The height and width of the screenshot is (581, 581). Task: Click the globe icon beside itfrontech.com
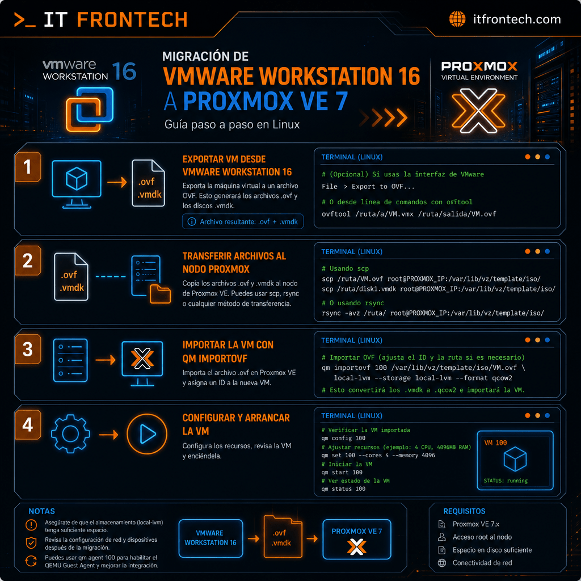pyautogui.click(x=457, y=19)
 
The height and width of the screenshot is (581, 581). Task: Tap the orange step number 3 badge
pyautogui.click(x=28, y=349)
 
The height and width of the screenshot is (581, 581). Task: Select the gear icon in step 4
pyautogui.click(x=70, y=434)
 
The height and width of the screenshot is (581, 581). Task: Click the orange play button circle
pyautogui.click(x=147, y=434)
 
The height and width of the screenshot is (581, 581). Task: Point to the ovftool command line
pyautogui.click(x=409, y=214)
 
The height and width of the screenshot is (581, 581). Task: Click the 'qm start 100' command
pyautogui.click(x=342, y=472)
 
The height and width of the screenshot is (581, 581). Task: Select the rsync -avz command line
pyautogui.click(x=433, y=313)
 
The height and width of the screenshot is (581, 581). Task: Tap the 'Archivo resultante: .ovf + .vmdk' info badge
pyautogui.click(x=243, y=222)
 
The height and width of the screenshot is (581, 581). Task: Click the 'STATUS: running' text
pyautogui.click(x=506, y=481)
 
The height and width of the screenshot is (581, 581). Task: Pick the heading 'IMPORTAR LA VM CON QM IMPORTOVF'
pyautogui.click(x=228, y=352)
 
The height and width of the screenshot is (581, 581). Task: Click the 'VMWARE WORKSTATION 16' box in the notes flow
pyautogui.click(x=210, y=538)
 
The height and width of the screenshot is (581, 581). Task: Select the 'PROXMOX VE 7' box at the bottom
pyautogui.click(x=356, y=539)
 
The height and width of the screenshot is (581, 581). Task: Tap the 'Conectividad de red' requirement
pyautogui.click(x=482, y=563)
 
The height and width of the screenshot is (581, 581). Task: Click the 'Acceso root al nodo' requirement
pyautogui.click(x=482, y=537)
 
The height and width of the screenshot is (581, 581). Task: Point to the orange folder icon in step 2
pyautogui.click(x=160, y=294)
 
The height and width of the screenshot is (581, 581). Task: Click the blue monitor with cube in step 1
pyautogui.click(x=77, y=184)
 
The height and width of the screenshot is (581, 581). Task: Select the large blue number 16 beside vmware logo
pyautogui.click(x=124, y=71)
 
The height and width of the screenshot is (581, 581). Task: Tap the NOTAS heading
pyautogui.click(x=41, y=511)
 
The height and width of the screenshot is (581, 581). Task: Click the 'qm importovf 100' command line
pyautogui.click(x=423, y=368)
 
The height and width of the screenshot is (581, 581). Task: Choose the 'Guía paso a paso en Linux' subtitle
pyautogui.click(x=232, y=124)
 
